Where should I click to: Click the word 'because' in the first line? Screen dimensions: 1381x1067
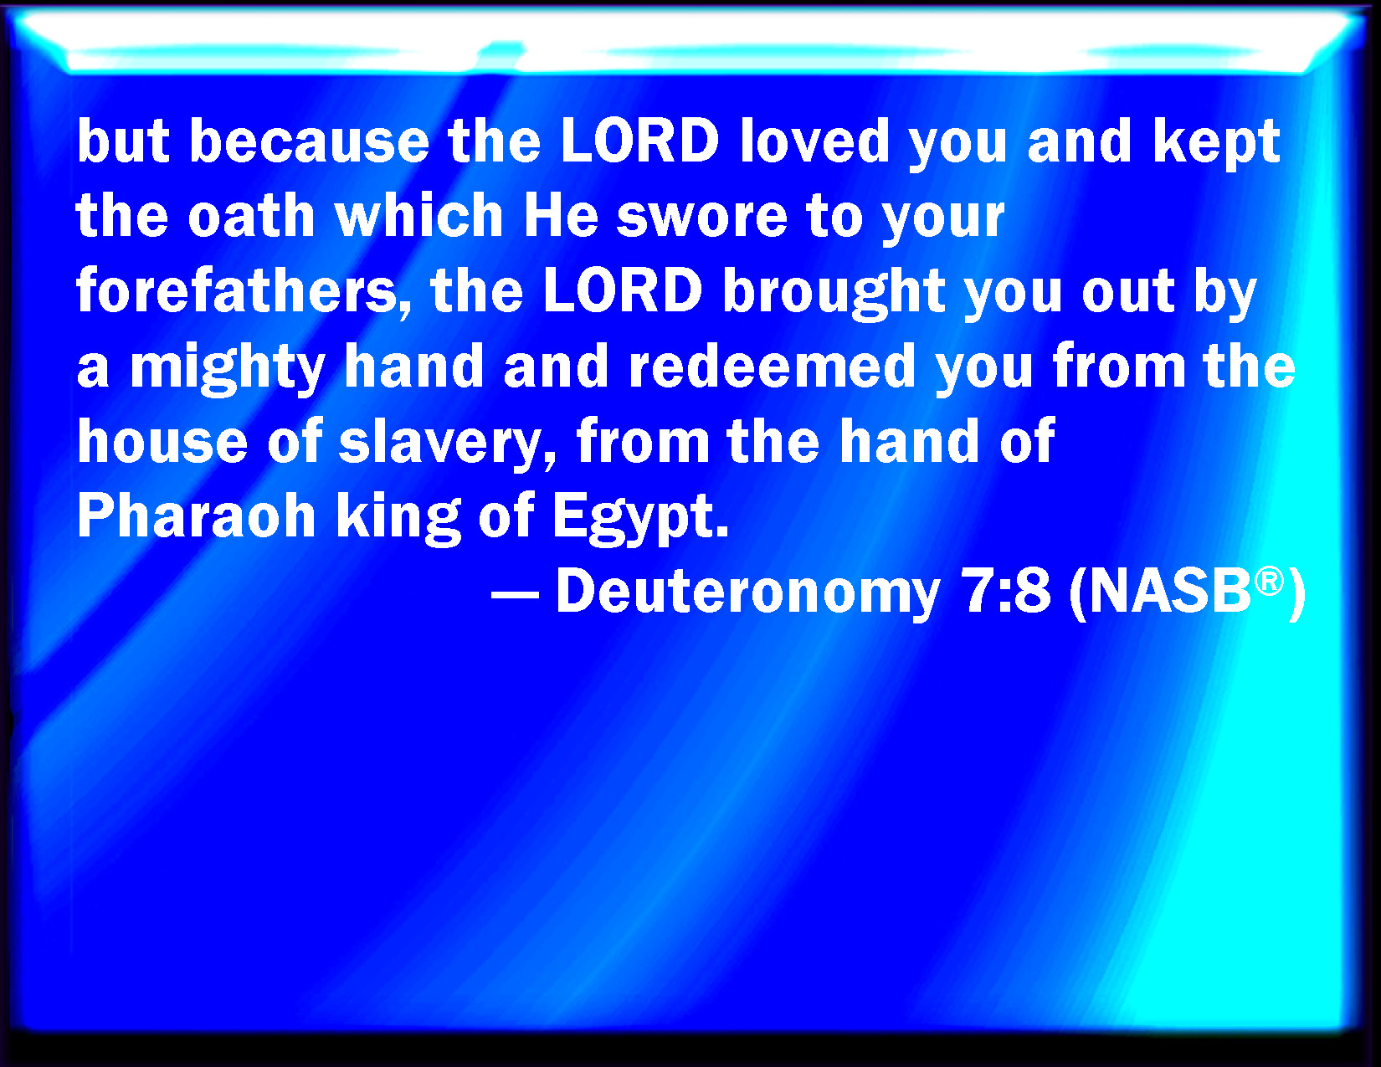click(309, 141)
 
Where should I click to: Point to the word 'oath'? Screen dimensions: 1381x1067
click(251, 215)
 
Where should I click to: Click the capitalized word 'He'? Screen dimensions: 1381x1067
click(561, 216)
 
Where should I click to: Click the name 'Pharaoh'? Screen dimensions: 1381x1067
click(197, 516)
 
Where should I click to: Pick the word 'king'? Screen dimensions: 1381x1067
click(398, 520)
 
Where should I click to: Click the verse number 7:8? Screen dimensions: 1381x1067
click(1008, 592)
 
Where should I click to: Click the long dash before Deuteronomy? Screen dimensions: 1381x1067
click(515, 597)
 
